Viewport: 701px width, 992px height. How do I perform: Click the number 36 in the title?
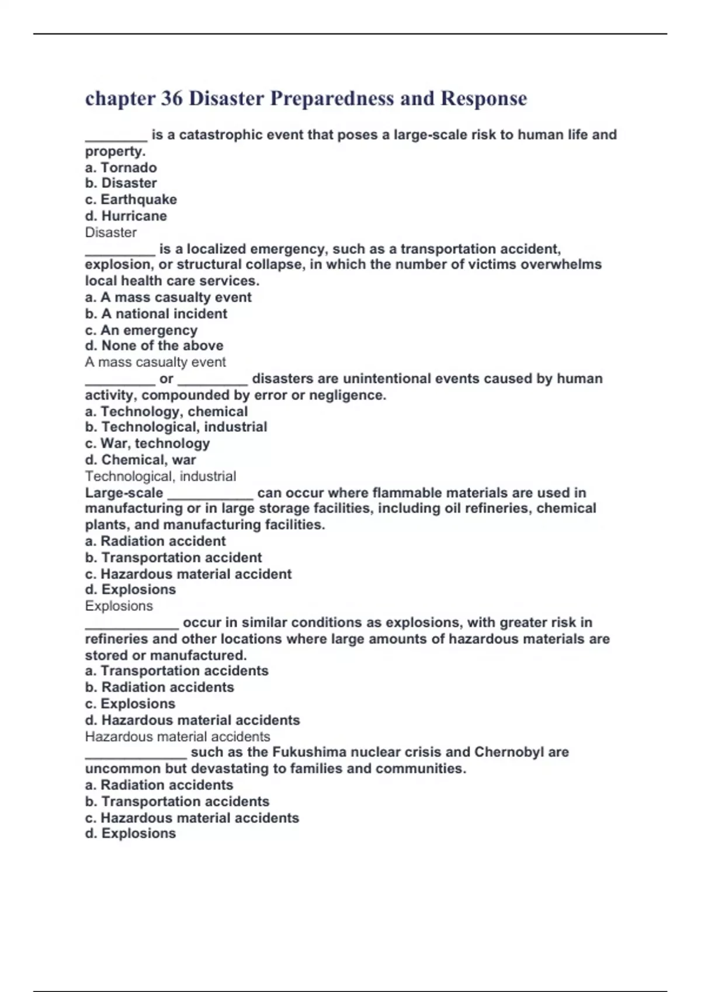[x=172, y=98]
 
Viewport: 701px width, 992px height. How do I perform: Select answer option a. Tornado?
[x=121, y=167]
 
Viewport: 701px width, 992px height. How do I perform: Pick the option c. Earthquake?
[x=131, y=200]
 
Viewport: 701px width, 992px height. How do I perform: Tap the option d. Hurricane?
[x=126, y=216]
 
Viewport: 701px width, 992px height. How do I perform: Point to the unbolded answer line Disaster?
[x=111, y=232]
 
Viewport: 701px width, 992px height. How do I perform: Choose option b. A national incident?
[x=156, y=313]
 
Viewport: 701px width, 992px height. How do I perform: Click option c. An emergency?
[x=141, y=330]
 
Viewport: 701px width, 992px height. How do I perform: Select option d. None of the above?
[x=154, y=345]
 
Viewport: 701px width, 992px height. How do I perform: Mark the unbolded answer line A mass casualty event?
[x=155, y=362]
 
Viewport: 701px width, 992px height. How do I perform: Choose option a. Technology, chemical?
[x=166, y=411]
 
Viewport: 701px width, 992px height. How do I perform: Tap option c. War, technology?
[x=147, y=443]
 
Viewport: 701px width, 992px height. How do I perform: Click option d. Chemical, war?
[x=140, y=460]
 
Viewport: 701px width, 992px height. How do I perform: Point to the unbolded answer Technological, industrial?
[x=161, y=476]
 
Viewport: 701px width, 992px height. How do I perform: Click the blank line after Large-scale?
[x=210, y=495]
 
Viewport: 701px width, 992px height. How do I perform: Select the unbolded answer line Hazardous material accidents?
[x=178, y=736]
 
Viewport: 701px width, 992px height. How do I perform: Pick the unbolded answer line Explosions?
[x=119, y=606]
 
